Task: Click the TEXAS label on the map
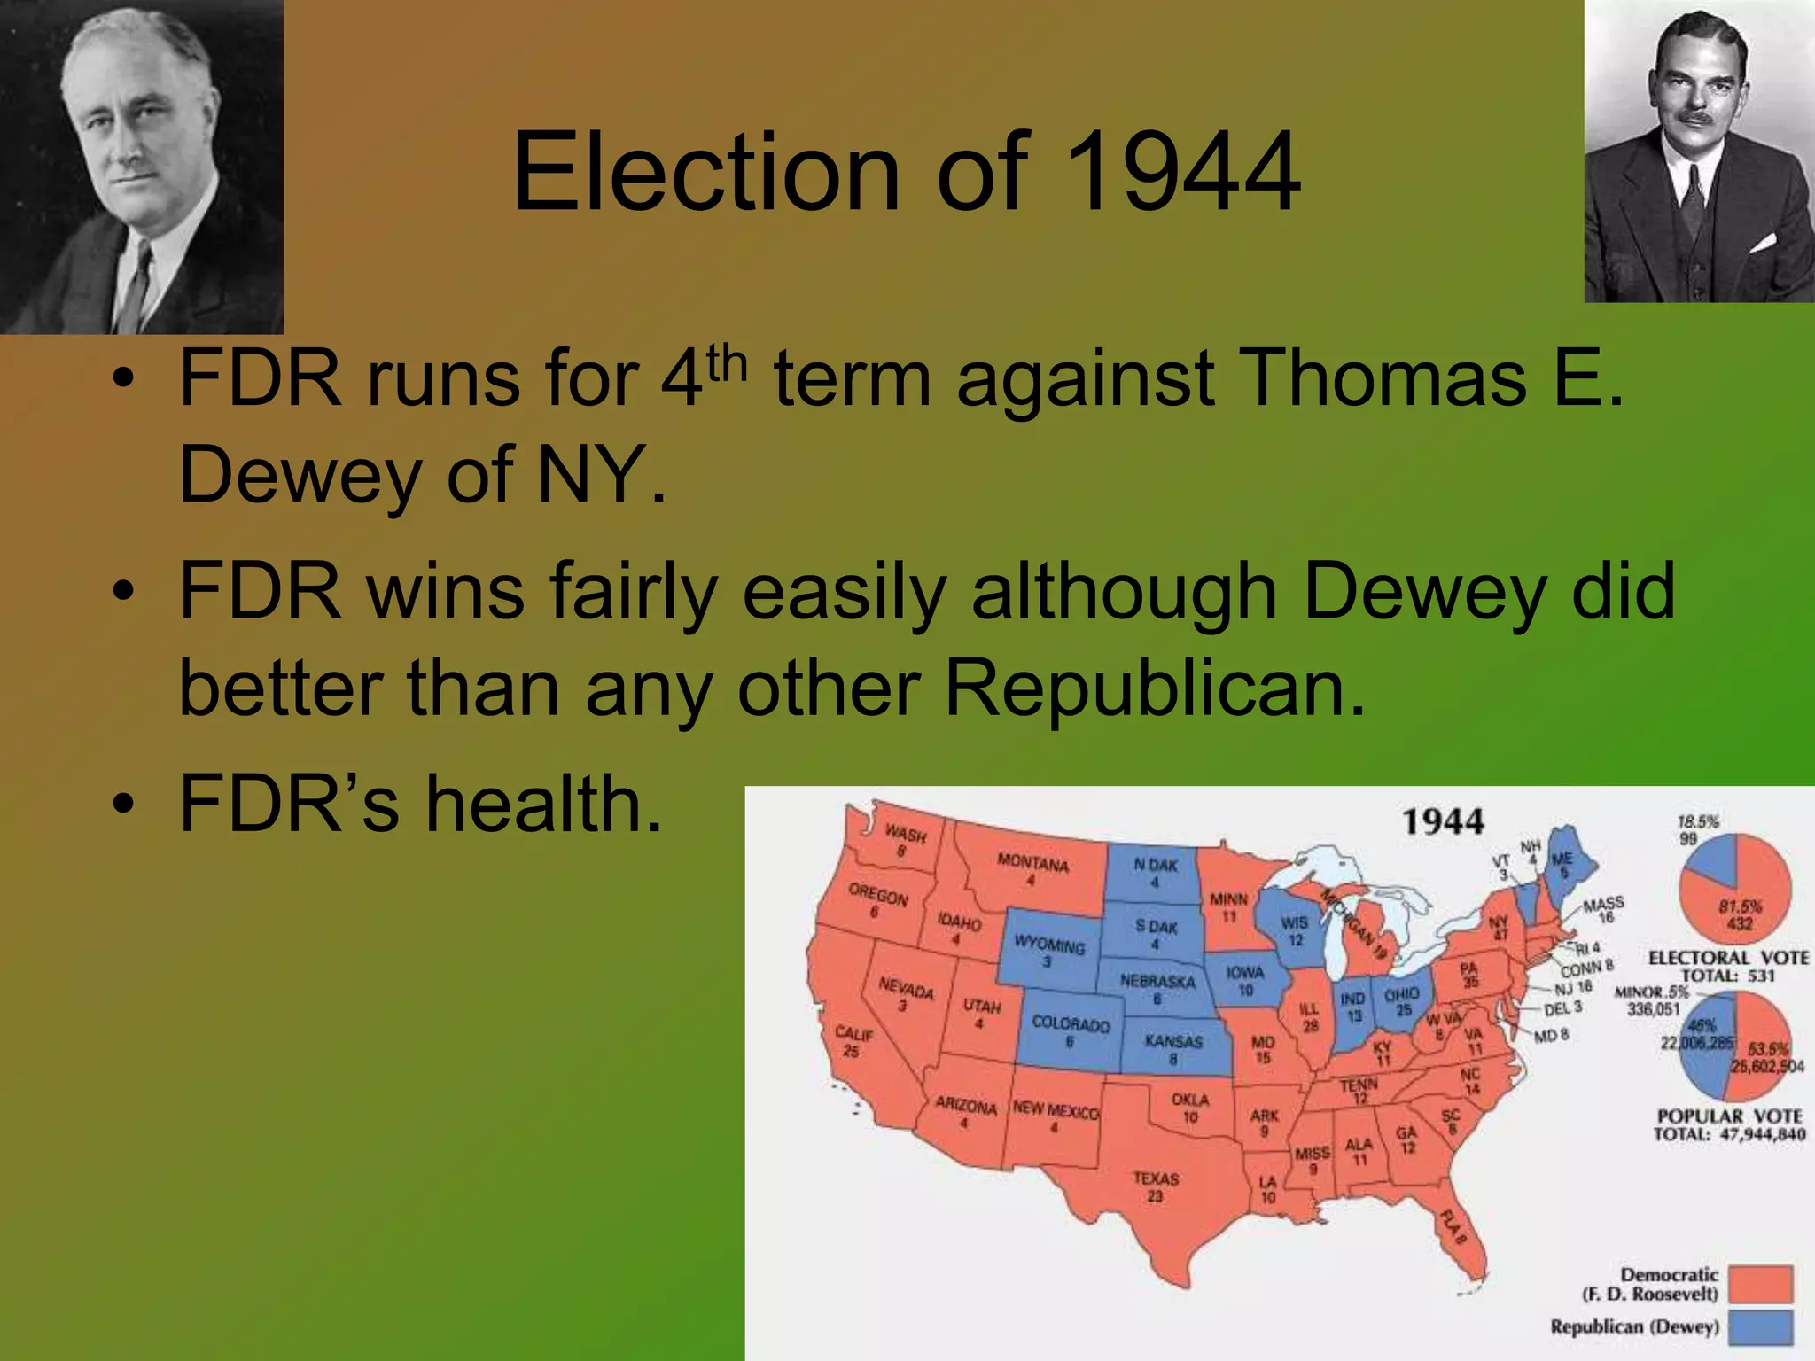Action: point(1156,1179)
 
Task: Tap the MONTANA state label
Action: point(1032,863)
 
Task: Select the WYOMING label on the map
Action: point(1049,945)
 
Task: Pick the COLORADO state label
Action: point(1071,1024)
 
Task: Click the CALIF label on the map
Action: point(854,1034)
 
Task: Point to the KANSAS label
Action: point(1173,1041)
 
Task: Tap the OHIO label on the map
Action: point(1401,995)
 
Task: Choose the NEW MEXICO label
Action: point(1056,1110)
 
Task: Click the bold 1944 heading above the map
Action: point(1443,821)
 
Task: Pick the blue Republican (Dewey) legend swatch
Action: point(1760,1327)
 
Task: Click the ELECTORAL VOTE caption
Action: point(1728,958)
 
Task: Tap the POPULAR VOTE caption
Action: point(1729,1116)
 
